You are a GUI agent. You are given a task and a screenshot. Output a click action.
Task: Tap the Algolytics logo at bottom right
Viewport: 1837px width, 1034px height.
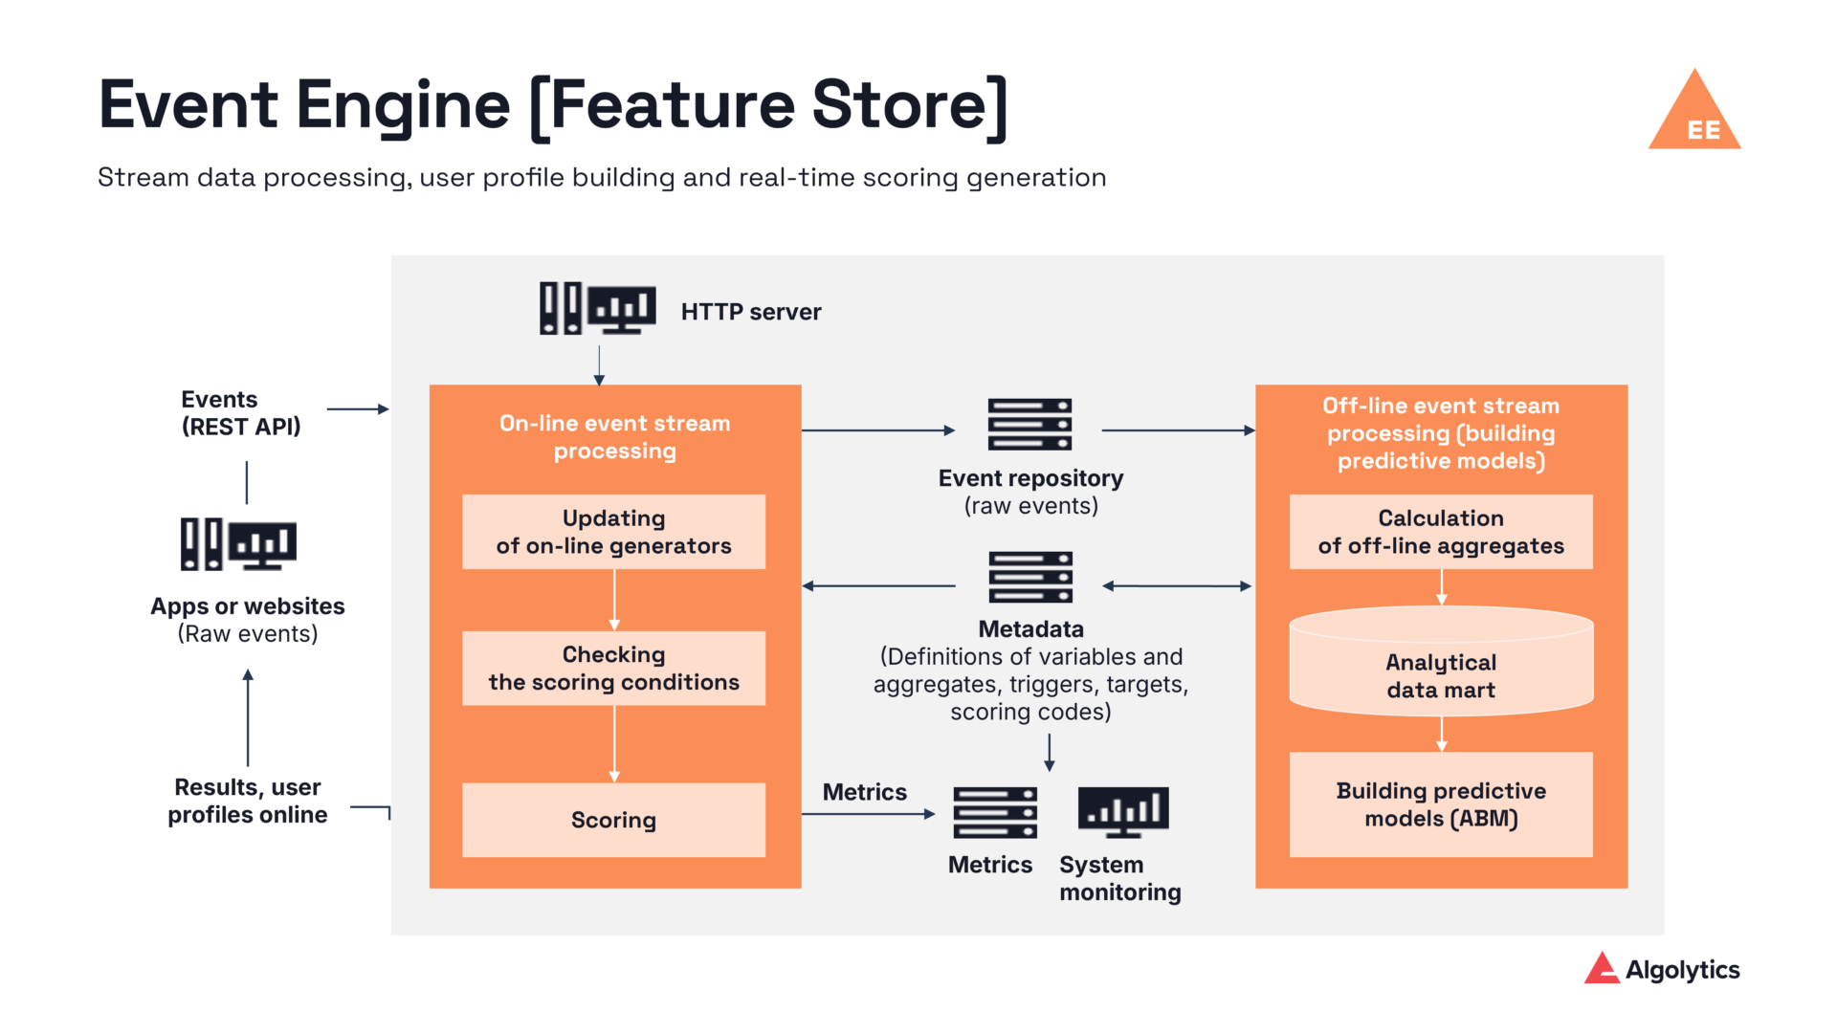(x=1662, y=969)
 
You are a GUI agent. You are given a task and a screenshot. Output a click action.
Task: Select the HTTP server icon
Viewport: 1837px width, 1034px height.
(x=598, y=308)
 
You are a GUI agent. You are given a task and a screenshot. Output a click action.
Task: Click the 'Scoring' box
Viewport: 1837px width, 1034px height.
(x=613, y=820)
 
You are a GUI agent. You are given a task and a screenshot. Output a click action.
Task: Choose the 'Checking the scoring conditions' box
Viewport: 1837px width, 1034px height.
(x=613, y=669)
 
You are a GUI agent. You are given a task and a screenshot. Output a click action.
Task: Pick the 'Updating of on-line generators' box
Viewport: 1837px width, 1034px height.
(x=613, y=532)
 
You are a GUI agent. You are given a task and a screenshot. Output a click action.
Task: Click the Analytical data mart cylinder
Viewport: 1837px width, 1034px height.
(x=1441, y=663)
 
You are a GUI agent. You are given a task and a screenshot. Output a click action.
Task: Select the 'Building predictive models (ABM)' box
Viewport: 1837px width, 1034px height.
(x=1441, y=804)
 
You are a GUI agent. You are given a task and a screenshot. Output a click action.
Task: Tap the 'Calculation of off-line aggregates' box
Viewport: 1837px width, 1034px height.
(x=1441, y=532)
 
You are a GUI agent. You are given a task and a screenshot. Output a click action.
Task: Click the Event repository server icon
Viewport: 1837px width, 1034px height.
(x=1029, y=425)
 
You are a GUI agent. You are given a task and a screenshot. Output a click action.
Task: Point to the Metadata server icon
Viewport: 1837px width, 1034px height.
(x=1030, y=577)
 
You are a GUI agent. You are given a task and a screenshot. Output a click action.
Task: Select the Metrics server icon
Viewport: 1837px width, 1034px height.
(x=995, y=813)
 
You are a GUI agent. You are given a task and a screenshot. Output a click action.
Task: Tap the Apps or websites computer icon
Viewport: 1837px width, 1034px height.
(x=239, y=544)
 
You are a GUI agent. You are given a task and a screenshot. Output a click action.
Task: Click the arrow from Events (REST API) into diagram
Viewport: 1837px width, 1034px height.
(x=357, y=409)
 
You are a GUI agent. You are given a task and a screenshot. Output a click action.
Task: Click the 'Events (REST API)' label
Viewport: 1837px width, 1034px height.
(x=241, y=413)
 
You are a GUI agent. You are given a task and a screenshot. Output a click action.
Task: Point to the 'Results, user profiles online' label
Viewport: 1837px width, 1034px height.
(x=248, y=801)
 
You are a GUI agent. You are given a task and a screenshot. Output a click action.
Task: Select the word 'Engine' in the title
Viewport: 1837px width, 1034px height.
(x=403, y=105)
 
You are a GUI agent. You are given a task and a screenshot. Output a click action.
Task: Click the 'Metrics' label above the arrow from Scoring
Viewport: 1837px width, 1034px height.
(x=864, y=792)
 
